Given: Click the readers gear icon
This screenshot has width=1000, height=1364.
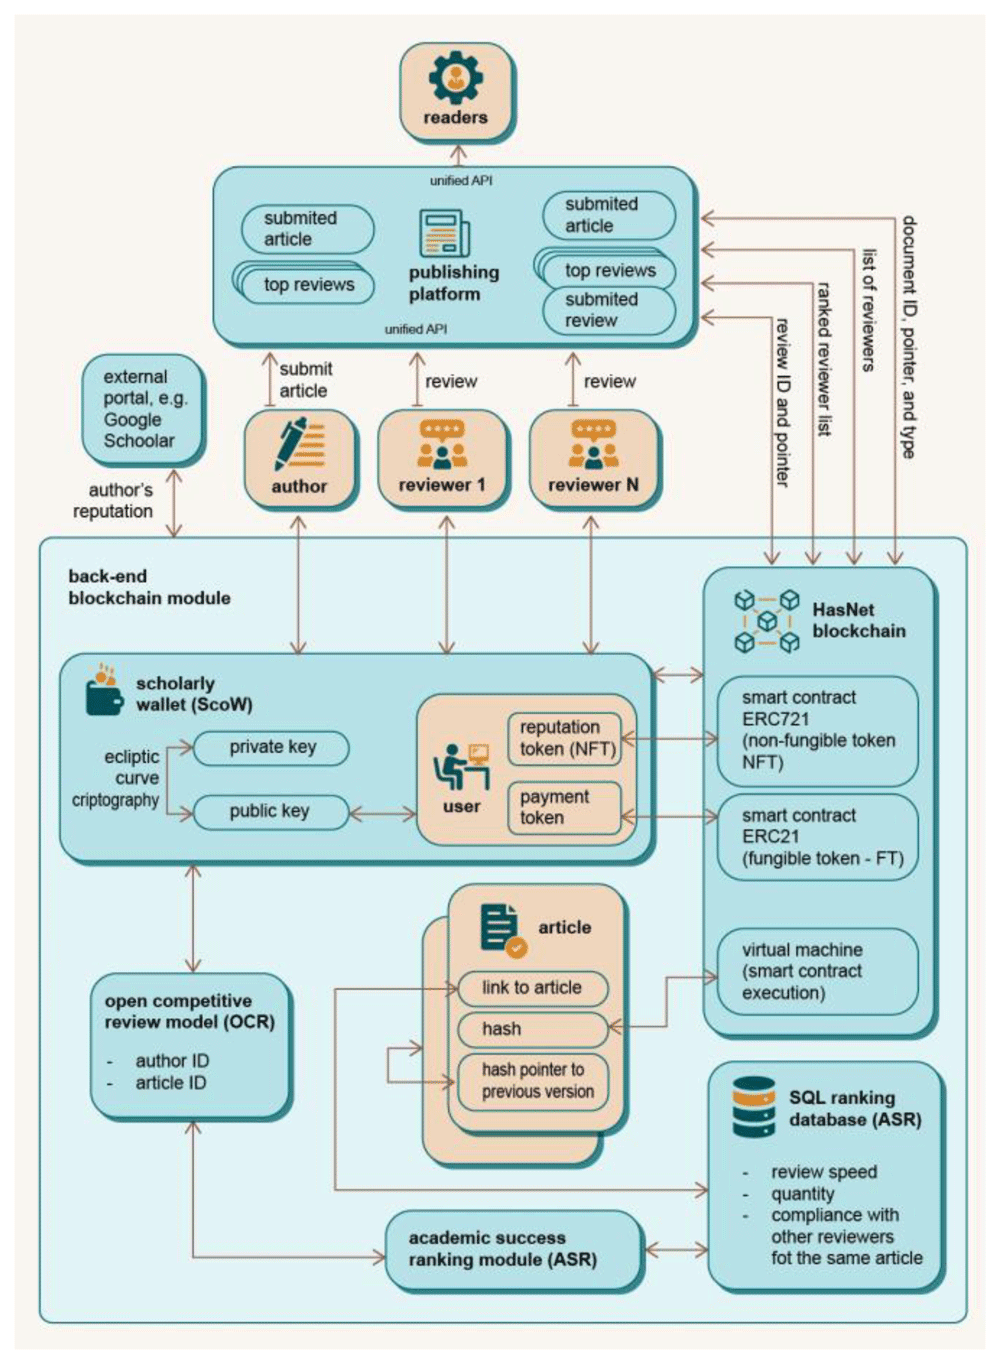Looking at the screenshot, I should (455, 78).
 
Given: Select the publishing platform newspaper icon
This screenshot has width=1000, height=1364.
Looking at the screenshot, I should (443, 233).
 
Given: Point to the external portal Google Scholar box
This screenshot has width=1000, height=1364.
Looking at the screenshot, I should (143, 409).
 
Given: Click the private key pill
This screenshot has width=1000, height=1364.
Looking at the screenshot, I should (271, 747).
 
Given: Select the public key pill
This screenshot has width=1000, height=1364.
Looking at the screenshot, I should (269, 811).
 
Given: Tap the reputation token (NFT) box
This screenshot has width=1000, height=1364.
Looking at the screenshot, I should (565, 738).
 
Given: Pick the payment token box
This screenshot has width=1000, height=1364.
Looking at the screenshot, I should (565, 807).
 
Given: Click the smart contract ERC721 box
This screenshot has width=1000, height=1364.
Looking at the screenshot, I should (817, 730).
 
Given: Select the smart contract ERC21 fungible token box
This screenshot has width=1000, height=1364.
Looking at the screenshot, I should (817, 837).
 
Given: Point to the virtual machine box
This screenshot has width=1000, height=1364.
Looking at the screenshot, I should (817, 971).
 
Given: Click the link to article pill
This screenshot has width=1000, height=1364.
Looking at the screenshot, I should (532, 988).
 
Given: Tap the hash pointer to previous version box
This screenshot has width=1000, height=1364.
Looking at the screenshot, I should (533, 1081).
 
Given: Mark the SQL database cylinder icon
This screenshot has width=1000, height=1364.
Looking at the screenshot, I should (753, 1107).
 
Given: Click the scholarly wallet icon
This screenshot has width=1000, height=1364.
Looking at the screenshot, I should (103, 689).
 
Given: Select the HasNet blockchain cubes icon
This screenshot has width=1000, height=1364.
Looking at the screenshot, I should (766, 621).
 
